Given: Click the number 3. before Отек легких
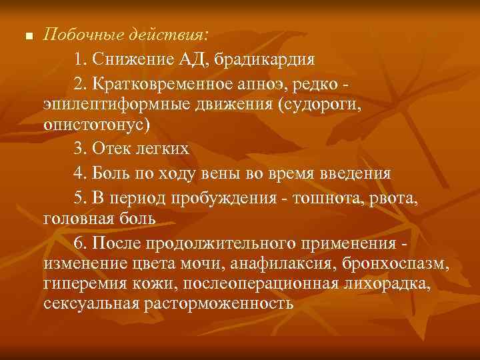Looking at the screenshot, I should pyautogui.click(x=81, y=148).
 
